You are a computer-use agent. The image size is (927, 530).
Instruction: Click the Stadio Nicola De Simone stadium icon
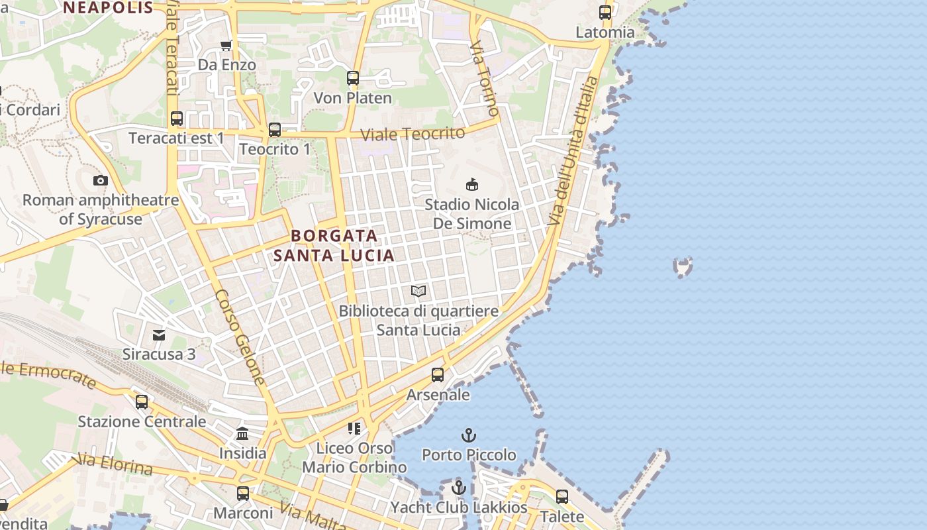pyautogui.click(x=472, y=184)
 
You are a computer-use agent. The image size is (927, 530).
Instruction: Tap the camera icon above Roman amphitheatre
pyautogui.click(x=101, y=180)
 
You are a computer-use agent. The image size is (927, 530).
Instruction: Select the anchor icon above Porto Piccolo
pyautogui.click(x=469, y=435)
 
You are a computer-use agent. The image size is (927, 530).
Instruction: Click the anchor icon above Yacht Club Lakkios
pyautogui.click(x=458, y=488)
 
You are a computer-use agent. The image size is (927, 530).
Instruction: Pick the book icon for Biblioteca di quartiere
pyautogui.click(x=418, y=291)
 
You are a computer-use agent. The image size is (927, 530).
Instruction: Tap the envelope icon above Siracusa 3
pyautogui.click(x=159, y=335)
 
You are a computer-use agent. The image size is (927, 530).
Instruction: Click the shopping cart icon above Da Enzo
pyautogui.click(x=226, y=45)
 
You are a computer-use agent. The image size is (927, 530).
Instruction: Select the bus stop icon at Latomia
pyautogui.click(x=605, y=12)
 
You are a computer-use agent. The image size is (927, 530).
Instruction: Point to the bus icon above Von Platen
pyautogui.click(x=353, y=78)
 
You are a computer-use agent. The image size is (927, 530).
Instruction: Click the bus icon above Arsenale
pyautogui.click(x=438, y=375)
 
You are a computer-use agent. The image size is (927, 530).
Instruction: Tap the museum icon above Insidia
pyautogui.click(x=242, y=434)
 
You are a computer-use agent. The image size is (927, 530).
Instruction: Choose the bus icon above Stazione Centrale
pyautogui.click(x=142, y=402)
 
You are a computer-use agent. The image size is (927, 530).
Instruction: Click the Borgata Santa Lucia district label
pyautogui.click(x=334, y=245)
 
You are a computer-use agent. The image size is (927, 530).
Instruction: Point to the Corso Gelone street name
pyautogui.click(x=240, y=337)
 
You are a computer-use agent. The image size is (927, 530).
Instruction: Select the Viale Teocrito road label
pyautogui.click(x=413, y=133)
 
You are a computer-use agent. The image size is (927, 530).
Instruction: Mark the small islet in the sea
pyautogui.click(x=683, y=266)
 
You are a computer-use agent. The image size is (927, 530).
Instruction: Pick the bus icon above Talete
pyautogui.click(x=562, y=496)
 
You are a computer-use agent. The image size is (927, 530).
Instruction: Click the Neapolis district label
pyautogui.click(x=109, y=8)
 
